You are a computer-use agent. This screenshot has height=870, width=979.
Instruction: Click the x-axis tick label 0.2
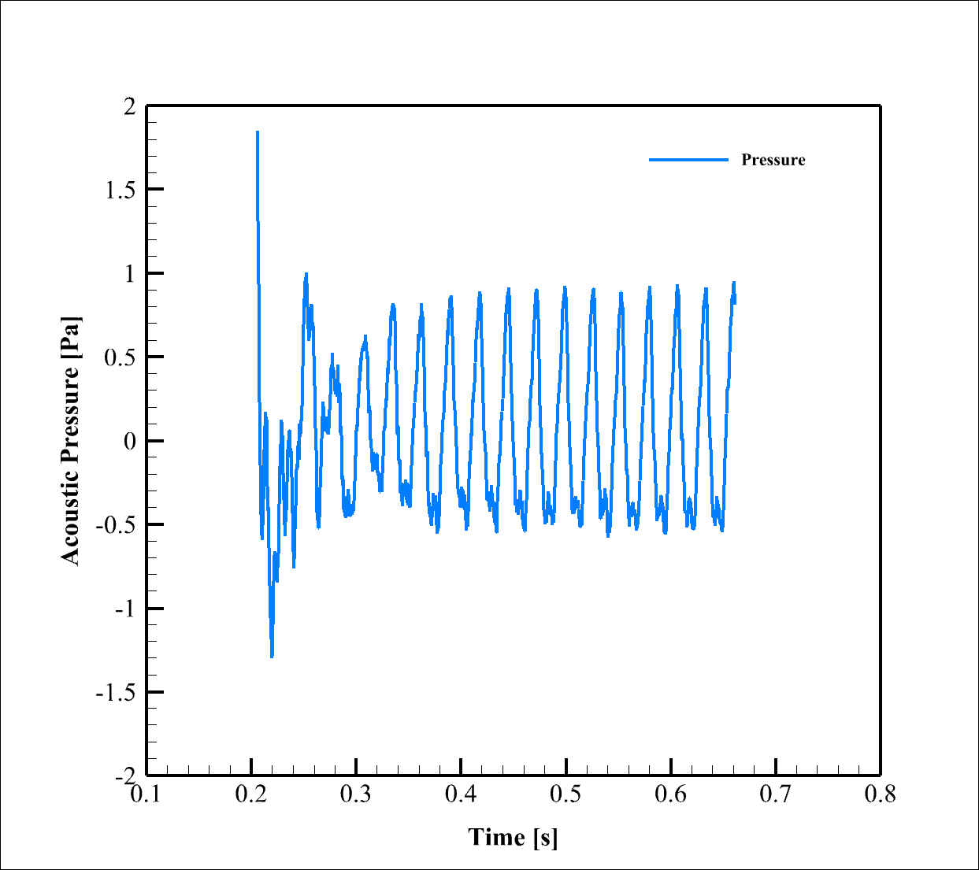point(250,794)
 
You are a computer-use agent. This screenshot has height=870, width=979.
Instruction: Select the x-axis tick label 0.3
point(356,794)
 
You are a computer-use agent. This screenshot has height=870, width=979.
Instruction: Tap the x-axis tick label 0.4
point(461,794)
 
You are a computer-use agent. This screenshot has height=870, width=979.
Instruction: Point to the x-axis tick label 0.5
point(566,794)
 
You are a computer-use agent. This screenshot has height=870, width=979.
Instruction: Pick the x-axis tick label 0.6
point(671,794)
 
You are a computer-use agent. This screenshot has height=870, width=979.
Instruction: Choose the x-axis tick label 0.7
point(776,794)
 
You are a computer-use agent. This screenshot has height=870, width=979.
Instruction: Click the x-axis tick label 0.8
point(880,794)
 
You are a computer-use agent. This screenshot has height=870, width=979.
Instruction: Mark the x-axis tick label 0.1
point(146,794)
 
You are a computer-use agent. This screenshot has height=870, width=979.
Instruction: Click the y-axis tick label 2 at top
point(130,107)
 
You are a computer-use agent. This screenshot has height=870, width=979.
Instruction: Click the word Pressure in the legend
point(773,160)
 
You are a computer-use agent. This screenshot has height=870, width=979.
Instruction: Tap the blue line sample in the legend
point(688,160)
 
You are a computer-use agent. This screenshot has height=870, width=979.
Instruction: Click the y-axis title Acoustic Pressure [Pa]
point(71,441)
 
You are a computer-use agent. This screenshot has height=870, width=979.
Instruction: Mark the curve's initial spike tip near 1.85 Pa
point(257,131)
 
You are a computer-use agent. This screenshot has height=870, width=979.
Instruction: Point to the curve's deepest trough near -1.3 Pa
point(272,656)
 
